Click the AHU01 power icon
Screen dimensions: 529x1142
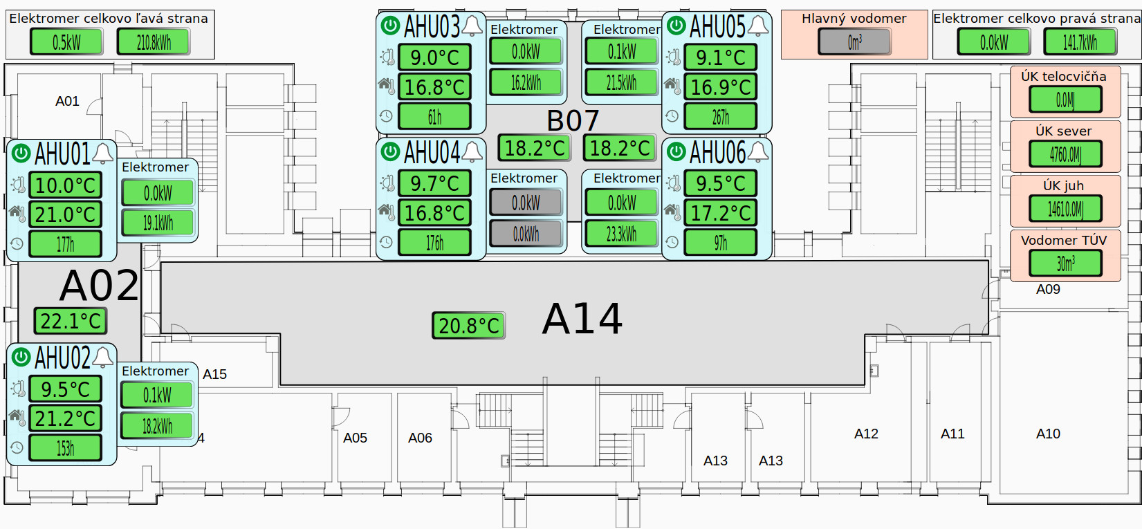pos(21,152)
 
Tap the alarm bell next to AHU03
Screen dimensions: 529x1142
pos(472,26)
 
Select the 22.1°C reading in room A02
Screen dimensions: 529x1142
pos(71,321)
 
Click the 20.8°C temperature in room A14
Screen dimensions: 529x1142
pos(468,326)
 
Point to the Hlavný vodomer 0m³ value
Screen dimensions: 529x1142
pos(854,42)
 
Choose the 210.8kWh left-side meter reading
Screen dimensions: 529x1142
pos(153,42)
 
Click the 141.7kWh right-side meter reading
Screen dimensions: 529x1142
pos(1080,42)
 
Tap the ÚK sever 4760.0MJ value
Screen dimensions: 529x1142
pos(1065,154)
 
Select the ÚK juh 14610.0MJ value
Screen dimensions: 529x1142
pos(1065,209)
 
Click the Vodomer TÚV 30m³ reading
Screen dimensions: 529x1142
pos(1065,263)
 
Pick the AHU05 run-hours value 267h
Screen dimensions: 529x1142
pos(720,117)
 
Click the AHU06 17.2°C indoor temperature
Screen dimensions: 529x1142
pos(720,213)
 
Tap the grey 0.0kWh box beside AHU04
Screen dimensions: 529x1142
pos(526,234)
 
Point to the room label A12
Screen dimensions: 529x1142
pos(866,434)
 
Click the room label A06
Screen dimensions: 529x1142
pos(420,438)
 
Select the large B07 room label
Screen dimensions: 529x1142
pos(573,121)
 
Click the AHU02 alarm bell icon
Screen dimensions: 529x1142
pos(103,357)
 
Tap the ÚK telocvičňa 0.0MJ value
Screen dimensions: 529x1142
pos(1065,100)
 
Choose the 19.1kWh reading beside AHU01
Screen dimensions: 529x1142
pos(158,223)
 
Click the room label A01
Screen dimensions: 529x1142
pos(67,101)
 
